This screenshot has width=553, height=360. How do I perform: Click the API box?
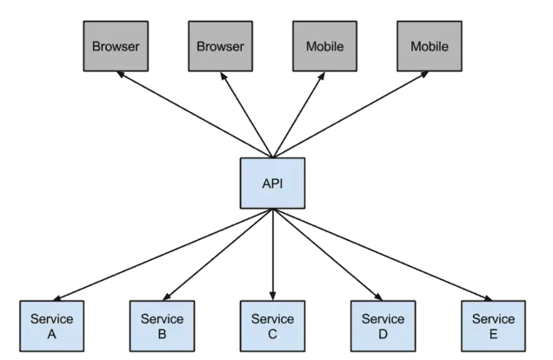point(273,183)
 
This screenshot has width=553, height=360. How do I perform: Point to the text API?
point(273,183)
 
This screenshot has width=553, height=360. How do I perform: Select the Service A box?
point(52,326)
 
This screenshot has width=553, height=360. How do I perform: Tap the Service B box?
point(162,326)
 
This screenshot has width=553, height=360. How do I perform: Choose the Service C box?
point(273,326)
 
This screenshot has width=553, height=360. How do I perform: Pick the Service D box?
point(383,326)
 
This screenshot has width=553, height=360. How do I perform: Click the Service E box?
point(493,326)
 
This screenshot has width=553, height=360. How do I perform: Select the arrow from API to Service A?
point(163,255)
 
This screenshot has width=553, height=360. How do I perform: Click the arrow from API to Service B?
point(217,255)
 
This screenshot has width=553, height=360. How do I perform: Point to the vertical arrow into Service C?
point(273,255)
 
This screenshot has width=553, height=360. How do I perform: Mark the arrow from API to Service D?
point(328,255)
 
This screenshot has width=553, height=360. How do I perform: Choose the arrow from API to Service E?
point(383,255)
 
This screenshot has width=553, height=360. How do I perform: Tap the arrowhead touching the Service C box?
point(273,297)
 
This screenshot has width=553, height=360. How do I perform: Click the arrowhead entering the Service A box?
point(57,298)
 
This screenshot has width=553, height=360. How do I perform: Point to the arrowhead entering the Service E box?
point(488,298)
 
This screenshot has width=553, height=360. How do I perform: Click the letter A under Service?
point(52,334)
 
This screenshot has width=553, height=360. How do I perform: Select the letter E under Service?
point(493,334)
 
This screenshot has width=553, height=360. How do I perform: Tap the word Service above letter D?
point(383,319)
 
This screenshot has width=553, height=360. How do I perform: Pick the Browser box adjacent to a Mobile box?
point(221,46)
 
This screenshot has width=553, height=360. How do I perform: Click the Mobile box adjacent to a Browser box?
point(325,46)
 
